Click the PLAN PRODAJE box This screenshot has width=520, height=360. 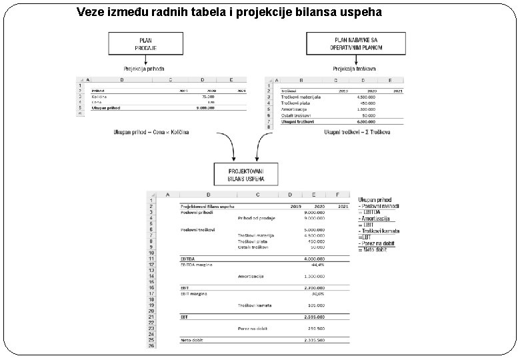(145, 44)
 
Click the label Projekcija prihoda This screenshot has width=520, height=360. (144, 69)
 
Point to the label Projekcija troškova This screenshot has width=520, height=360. (355, 69)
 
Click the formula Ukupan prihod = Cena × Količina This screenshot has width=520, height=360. (151, 132)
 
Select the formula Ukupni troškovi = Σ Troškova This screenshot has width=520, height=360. (357, 132)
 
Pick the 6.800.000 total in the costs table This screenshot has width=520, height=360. (366, 121)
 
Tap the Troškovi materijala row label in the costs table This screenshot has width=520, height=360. (301, 97)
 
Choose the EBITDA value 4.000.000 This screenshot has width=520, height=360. (314, 259)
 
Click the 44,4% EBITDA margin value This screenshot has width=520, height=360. (317, 265)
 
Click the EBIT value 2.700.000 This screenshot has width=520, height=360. (314, 287)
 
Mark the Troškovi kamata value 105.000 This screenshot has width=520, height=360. (316, 305)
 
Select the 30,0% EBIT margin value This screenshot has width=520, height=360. (317, 293)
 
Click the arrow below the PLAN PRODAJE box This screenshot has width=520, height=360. (144, 60)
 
